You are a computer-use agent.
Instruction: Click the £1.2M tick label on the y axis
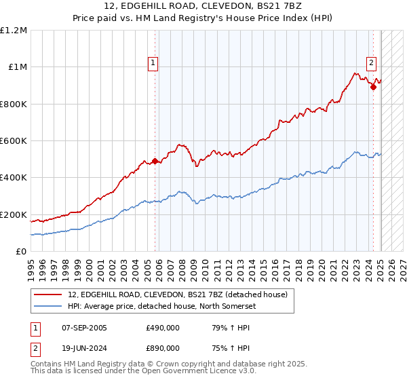click(x=14, y=30)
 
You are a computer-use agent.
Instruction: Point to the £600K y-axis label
click(x=14, y=140)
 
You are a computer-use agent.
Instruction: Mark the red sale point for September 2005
click(x=155, y=161)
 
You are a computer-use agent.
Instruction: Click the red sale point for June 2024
click(x=373, y=87)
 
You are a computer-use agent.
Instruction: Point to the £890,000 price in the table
click(x=163, y=347)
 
